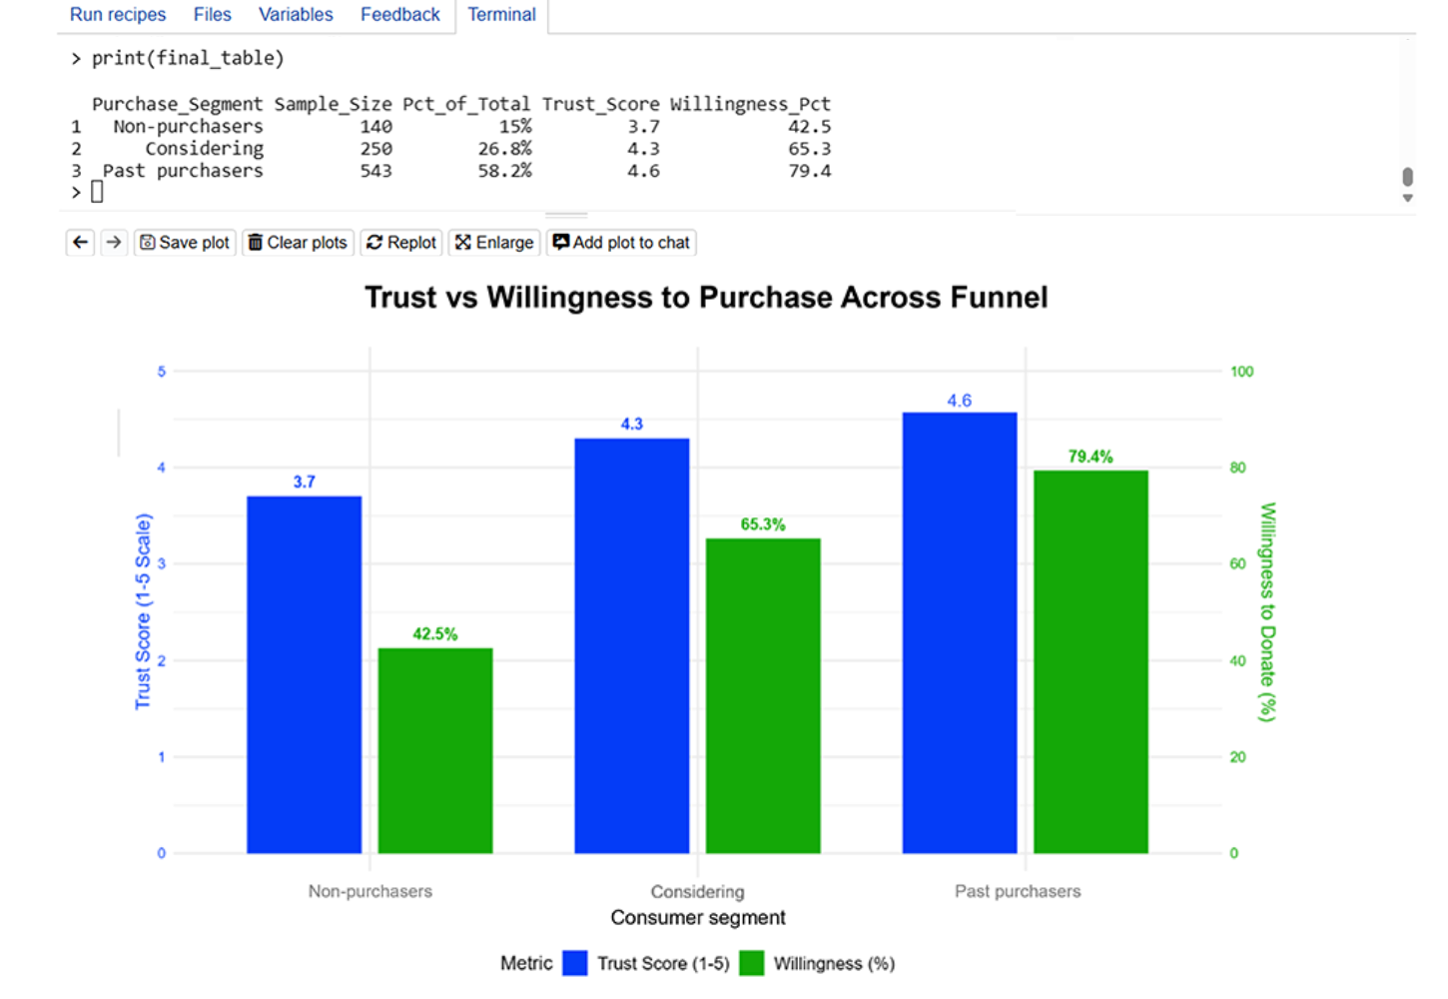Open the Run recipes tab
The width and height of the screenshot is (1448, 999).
118,15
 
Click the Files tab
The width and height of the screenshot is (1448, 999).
212,15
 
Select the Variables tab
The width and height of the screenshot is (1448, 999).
296,15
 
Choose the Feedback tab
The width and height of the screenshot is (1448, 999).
399,15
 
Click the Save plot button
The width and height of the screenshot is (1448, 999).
185,243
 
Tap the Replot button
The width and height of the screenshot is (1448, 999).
401,243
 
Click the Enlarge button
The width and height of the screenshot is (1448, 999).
494,243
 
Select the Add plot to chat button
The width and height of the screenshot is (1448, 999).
621,243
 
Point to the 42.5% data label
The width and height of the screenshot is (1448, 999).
434,634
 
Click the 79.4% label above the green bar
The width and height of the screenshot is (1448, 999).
1089,457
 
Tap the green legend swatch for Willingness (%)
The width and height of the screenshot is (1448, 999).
752,963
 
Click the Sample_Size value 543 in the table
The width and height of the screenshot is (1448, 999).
375,171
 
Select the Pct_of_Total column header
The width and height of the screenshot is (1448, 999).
466,104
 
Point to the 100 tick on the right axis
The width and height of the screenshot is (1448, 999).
1241,372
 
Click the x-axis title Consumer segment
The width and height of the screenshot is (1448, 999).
697,917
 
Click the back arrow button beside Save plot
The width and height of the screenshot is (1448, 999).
81,243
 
